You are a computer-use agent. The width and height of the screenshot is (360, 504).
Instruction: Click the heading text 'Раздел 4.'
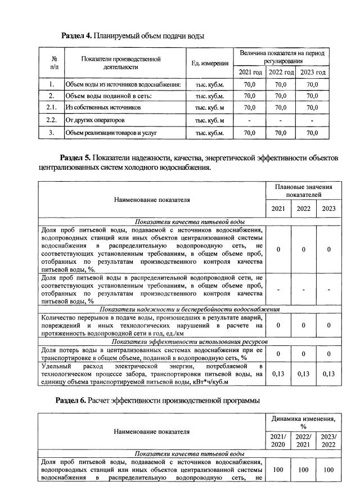(x=76, y=35)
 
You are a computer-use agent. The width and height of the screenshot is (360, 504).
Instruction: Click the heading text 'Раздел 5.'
(x=76, y=158)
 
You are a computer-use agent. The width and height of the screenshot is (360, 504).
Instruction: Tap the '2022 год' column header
(x=281, y=73)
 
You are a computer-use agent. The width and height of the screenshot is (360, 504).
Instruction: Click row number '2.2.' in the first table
(x=51, y=120)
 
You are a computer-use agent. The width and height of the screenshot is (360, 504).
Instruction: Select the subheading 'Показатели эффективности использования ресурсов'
(x=189, y=341)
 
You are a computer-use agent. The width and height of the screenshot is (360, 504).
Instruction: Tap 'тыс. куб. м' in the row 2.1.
(x=210, y=107)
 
